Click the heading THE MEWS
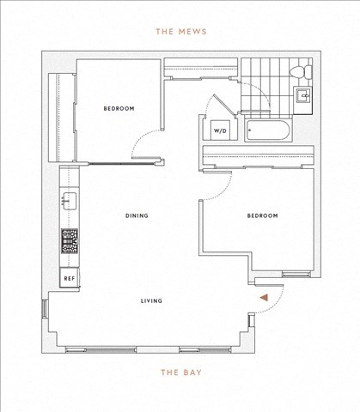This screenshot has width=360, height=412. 181,32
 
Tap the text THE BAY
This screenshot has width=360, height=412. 181,373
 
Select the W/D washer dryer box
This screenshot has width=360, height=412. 220,130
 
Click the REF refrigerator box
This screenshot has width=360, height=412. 70,278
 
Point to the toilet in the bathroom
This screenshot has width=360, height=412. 301,71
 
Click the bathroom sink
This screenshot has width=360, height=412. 303,96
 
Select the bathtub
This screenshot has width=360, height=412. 268,130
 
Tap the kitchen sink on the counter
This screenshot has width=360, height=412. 69,201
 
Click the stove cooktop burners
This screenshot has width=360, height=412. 70,241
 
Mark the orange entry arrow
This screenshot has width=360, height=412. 264,298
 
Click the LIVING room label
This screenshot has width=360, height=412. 151,300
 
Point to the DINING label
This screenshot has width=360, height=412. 137,215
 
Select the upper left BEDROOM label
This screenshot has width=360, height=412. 119,108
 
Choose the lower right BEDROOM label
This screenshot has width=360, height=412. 262,215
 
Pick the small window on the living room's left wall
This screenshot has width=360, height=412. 45,308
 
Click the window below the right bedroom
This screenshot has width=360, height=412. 296,275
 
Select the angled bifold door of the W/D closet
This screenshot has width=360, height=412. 225,105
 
